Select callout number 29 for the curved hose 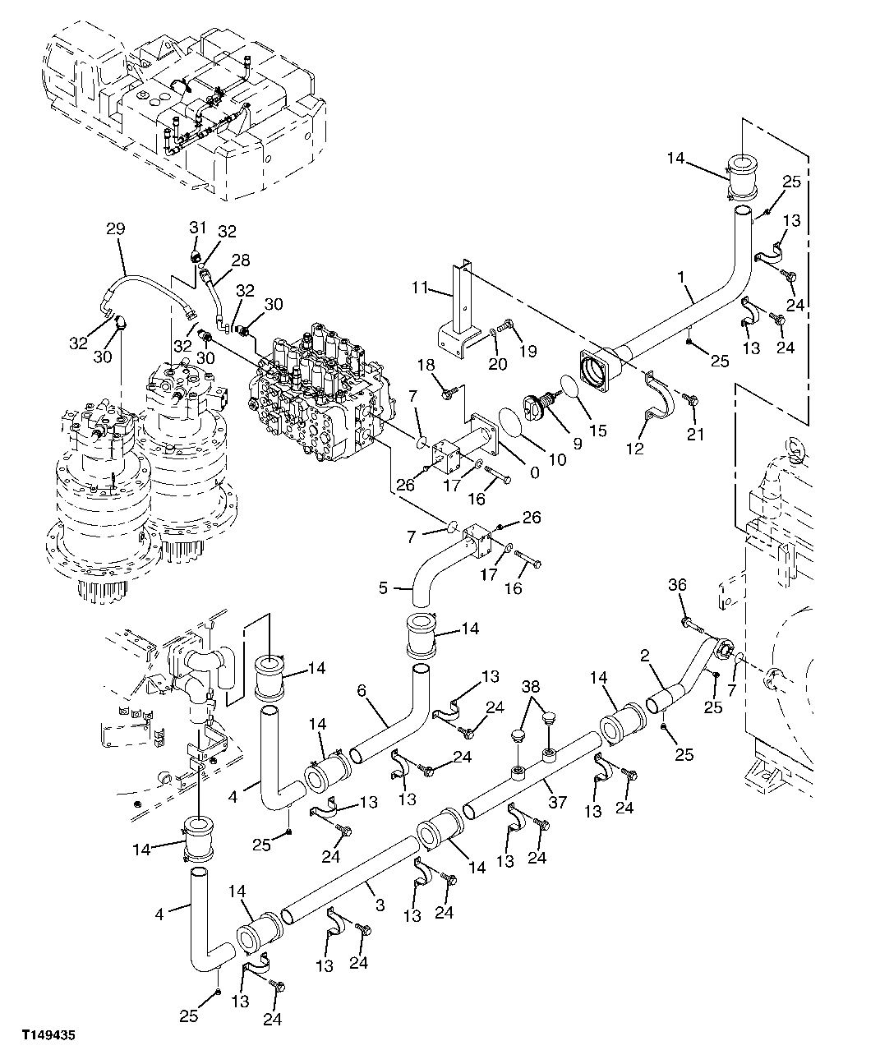115,229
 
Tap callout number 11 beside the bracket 421,288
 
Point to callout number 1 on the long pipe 681,278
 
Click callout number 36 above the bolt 677,584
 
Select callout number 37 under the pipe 556,802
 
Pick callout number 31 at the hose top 196,228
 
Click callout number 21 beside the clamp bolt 695,435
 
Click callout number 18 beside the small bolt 424,365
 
